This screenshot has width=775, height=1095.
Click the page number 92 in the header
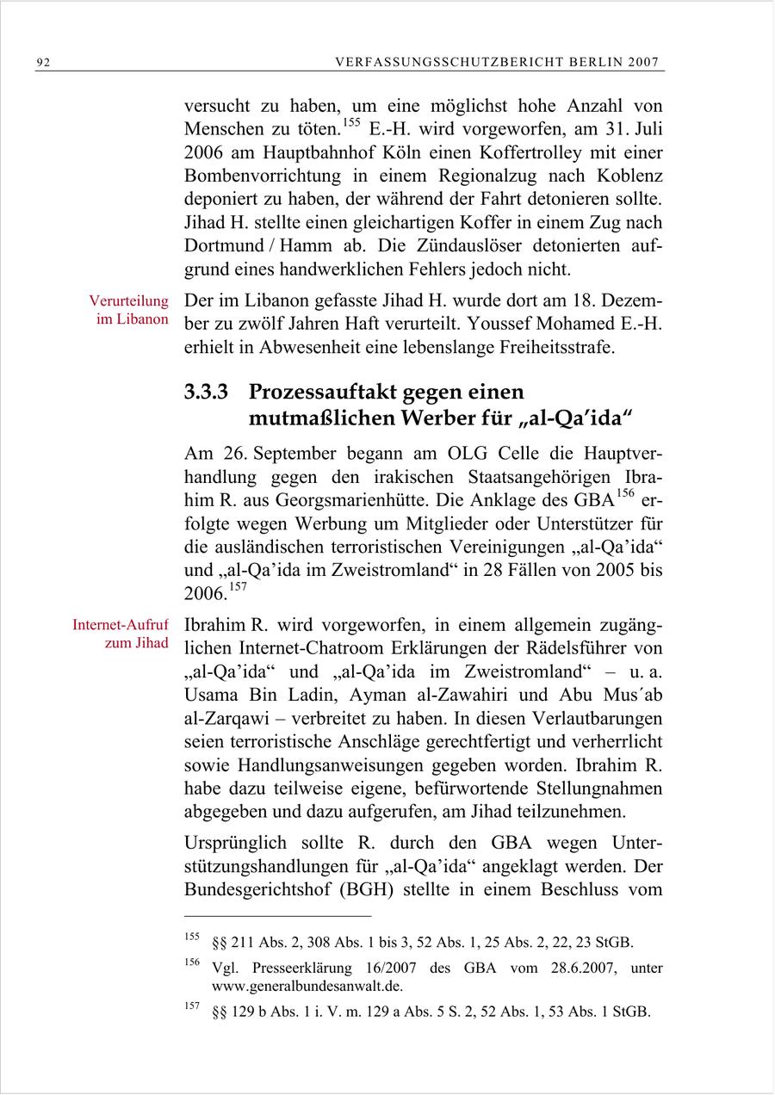(x=43, y=63)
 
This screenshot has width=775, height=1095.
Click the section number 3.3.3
(x=206, y=393)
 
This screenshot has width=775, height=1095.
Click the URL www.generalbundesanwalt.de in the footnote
(x=307, y=987)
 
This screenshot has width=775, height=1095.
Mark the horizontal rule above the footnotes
(x=277, y=916)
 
